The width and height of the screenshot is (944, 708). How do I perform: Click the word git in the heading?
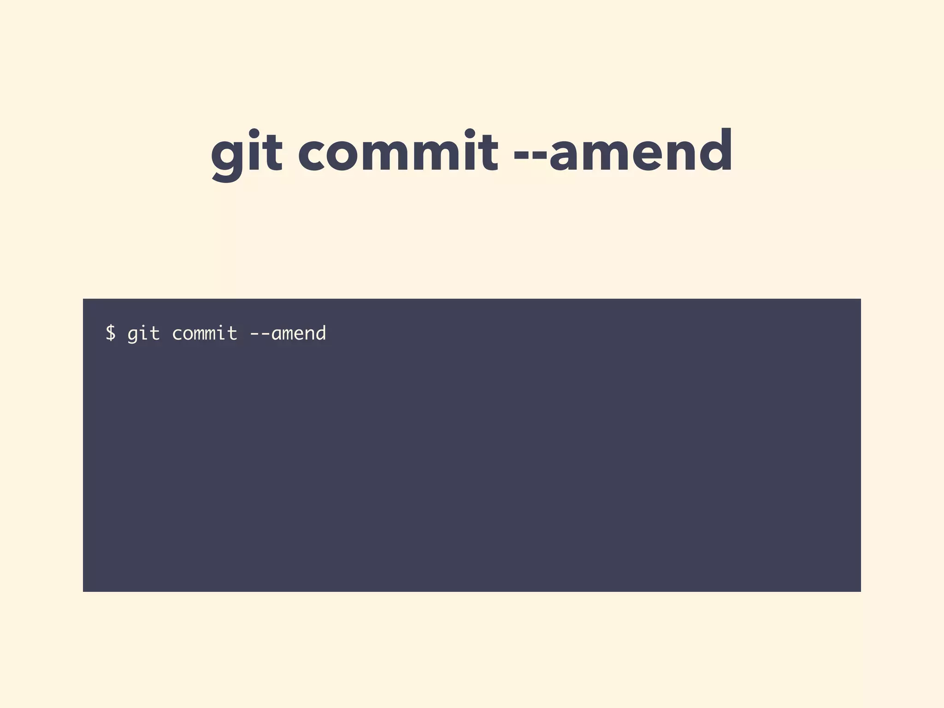[246, 152]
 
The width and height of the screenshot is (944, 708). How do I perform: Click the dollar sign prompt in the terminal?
[110, 333]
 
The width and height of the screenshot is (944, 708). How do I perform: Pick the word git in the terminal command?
[143, 333]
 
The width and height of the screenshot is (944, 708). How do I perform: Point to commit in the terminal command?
[205, 333]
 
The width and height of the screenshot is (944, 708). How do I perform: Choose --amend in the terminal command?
[288, 333]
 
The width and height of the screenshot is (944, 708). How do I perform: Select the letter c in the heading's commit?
[313, 155]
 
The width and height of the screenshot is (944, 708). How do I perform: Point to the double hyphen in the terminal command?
[260, 334]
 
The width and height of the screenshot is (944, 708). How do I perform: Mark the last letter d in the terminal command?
[320, 333]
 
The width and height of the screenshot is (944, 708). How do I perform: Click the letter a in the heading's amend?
[565, 155]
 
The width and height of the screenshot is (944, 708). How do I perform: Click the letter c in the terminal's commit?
[177, 334]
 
